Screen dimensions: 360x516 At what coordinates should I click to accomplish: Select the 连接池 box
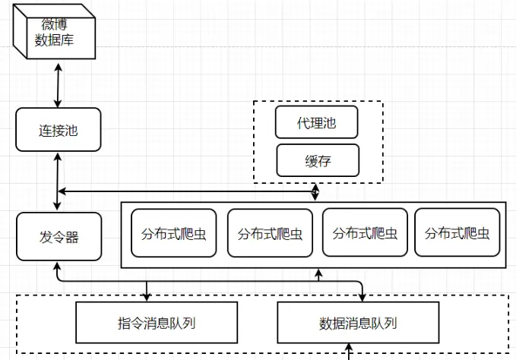(58, 130)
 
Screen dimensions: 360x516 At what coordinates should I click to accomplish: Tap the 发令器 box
(58, 237)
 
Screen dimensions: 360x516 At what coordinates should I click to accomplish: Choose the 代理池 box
(316, 123)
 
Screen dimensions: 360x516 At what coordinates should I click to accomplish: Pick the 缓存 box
(316, 160)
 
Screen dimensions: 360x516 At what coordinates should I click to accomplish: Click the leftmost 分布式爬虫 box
(173, 232)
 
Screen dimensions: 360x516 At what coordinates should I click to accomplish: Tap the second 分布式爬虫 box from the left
(270, 232)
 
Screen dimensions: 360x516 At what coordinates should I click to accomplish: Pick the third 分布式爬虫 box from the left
(364, 232)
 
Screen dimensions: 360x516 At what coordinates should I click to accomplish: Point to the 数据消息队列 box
(358, 323)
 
